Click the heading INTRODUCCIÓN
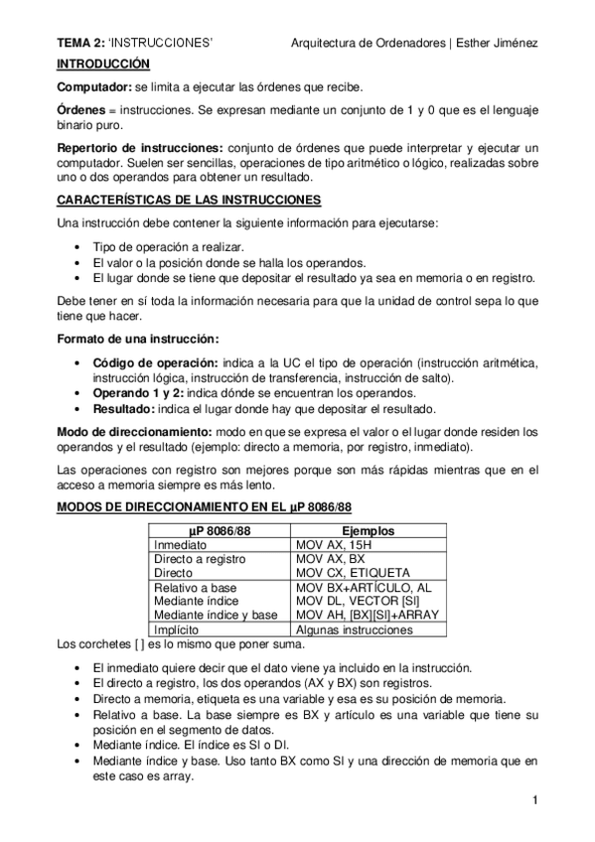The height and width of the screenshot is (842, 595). point(102,64)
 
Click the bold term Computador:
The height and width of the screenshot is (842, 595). point(93,87)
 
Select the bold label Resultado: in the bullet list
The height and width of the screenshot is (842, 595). point(126,408)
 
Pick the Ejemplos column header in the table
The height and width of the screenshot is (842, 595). point(368,531)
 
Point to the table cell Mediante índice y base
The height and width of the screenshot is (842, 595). point(216,615)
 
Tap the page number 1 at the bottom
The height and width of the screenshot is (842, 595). point(534,800)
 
